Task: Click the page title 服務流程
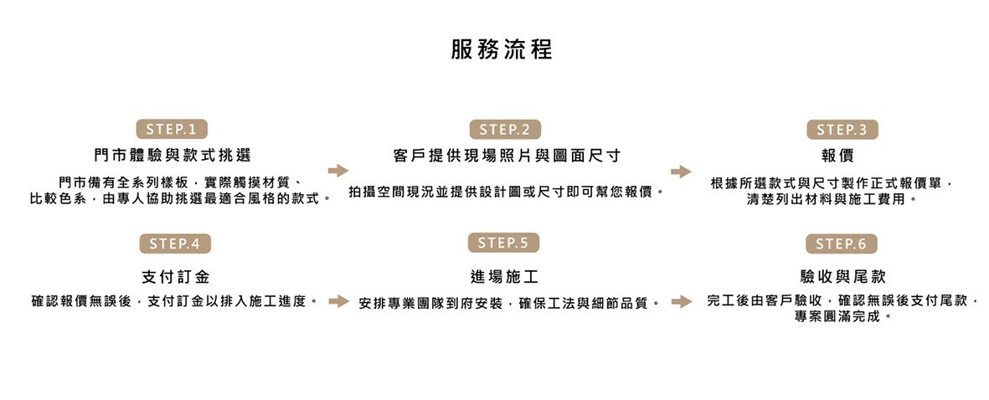click(x=502, y=49)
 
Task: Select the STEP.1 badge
click(x=171, y=130)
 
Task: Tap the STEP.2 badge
click(x=504, y=130)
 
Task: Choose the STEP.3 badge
click(x=842, y=130)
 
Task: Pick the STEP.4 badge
click(x=174, y=244)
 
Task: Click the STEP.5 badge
click(x=503, y=243)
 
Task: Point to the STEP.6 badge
click(x=842, y=244)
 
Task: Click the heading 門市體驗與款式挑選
click(x=173, y=156)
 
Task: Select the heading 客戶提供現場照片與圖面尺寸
click(x=507, y=156)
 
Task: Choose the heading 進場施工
click(x=504, y=276)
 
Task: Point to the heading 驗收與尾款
click(x=842, y=276)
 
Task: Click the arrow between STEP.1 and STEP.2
click(x=337, y=171)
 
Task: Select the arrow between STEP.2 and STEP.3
click(x=681, y=172)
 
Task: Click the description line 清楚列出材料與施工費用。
click(x=832, y=200)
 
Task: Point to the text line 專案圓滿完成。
click(x=842, y=317)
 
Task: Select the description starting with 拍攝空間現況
click(x=507, y=192)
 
